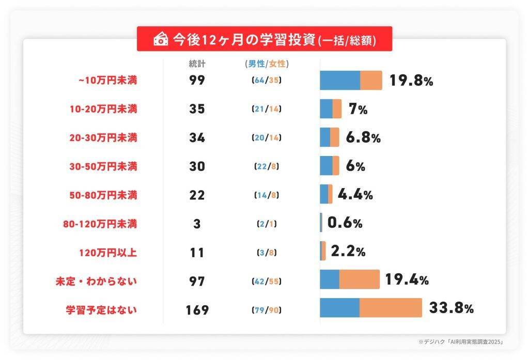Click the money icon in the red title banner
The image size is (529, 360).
point(161,39)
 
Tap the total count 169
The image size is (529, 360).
point(197,310)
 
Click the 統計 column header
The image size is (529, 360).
point(197,64)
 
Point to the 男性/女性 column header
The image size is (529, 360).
point(266,64)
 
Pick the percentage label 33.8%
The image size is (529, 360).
point(451,309)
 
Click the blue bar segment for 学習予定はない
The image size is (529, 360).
point(339,308)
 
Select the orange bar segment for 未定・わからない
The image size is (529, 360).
point(359,279)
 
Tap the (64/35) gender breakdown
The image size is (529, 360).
point(266,81)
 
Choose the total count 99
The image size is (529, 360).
point(197,81)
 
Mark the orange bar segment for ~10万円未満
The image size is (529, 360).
point(371,81)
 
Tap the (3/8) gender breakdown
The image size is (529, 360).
point(266,253)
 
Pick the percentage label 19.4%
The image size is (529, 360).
point(407,280)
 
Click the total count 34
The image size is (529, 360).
point(197,138)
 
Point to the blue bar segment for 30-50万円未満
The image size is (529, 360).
point(326,165)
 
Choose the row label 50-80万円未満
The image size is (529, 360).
point(103,196)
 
